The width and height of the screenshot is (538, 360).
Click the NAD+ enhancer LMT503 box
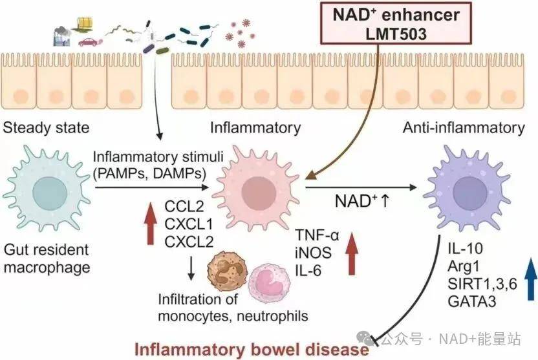click(x=396, y=23)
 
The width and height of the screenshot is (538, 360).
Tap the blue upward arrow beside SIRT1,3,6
click(x=530, y=279)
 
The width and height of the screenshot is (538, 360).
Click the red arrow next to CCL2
click(x=150, y=223)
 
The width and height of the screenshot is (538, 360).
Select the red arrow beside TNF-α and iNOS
click(x=351, y=253)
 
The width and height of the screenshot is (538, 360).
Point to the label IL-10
click(x=465, y=248)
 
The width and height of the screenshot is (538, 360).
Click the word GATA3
click(x=472, y=301)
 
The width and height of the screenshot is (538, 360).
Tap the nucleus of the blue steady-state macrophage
click(x=49, y=193)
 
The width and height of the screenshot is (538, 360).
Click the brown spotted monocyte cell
click(x=228, y=272)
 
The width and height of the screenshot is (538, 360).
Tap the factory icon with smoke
click(x=62, y=36)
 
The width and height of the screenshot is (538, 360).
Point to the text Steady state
click(x=46, y=128)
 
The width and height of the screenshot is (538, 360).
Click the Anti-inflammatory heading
click(x=464, y=128)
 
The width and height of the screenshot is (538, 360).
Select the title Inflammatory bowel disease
click(x=252, y=350)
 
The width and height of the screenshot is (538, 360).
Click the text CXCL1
click(x=189, y=224)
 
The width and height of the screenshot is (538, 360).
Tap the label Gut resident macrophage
click(x=47, y=259)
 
